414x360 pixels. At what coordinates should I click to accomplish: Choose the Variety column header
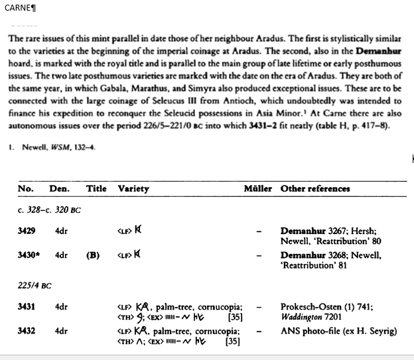coord(133,188)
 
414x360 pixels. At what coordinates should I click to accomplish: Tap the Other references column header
coord(315,188)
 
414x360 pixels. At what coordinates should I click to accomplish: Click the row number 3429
coord(27,231)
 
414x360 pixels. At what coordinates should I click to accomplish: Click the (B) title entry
coord(93,255)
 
